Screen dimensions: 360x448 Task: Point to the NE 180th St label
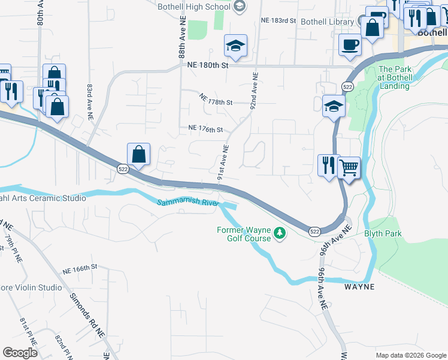pyautogui.click(x=208, y=65)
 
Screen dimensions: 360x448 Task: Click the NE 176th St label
pyautogui.click(x=205, y=129)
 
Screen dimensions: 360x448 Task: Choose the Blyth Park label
pyautogui.click(x=383, y=233)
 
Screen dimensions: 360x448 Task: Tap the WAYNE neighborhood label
pyautogui.click(x=359, y=287)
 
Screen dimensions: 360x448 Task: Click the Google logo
pyautogui.click(x=20, y=353)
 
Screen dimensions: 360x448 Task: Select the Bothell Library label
pyautogui.click(x=327, y=22)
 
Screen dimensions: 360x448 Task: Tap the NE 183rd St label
pyautogui.click(x=279, y=20)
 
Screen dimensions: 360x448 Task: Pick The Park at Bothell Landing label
pyautogui.click(x=395, y=77)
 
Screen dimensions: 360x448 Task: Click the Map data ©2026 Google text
pyautogui.click(x=411, y=355)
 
